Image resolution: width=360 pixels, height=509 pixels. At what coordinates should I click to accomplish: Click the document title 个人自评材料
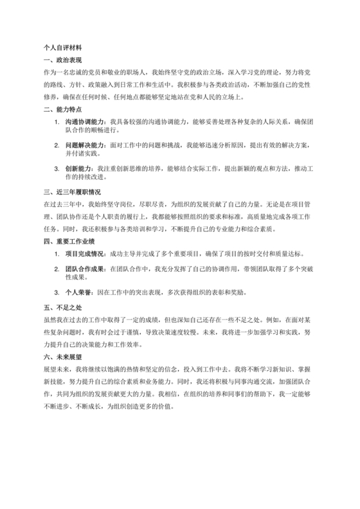(62, 48)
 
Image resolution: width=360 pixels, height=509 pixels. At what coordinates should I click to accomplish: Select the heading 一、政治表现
(61, 60)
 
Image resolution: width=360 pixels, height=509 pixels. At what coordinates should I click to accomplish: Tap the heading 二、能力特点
(61, 109)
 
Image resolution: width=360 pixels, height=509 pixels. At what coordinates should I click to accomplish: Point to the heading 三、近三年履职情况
(72, 192)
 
